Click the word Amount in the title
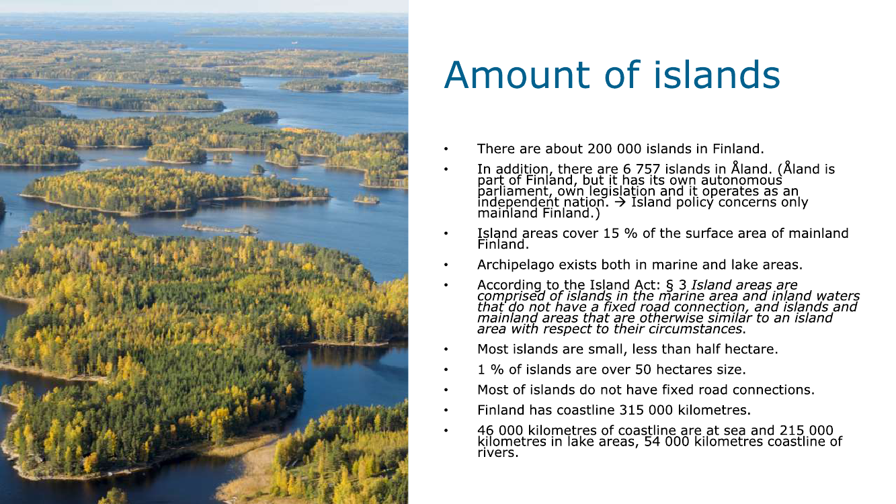517,75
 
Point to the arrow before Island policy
620,202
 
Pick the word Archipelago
516,265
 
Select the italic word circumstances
696,329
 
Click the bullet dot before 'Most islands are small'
446,349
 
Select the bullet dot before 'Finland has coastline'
446,411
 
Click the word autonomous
741,181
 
